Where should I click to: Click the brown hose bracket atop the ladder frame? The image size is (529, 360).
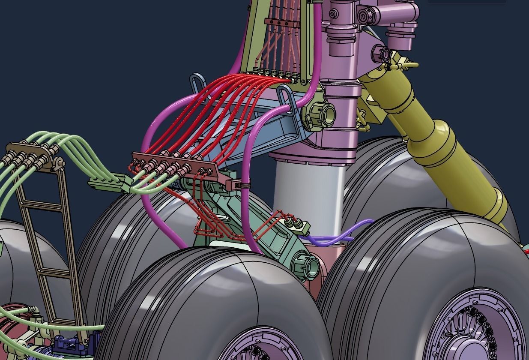(32, 152)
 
